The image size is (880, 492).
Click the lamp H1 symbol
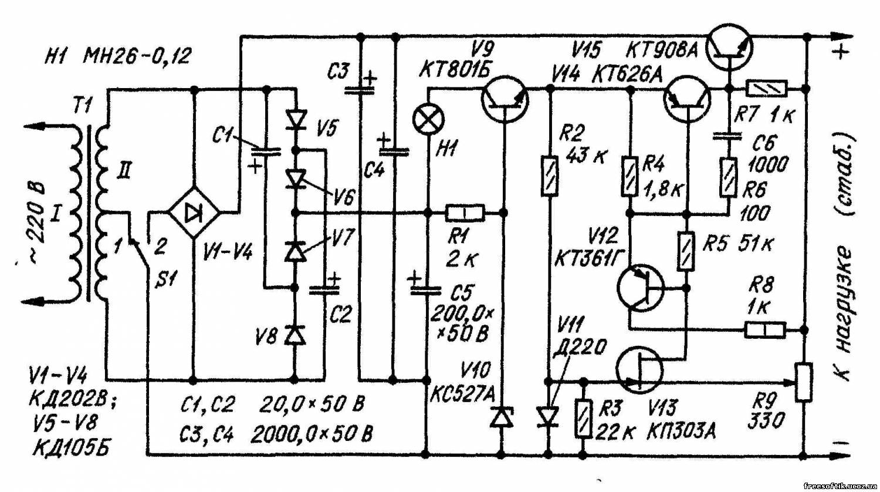tap(428, 120)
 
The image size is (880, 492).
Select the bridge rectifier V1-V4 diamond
tap(194, 213)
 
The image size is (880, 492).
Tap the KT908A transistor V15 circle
tap(729, 47)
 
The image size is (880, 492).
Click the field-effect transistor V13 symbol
tap(639, 370)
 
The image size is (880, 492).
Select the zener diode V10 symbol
tap(501, 417)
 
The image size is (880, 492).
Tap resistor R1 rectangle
tap(465, 213)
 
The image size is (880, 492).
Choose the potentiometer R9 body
tap(804, 382)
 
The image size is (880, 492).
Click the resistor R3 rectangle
tap(583, 419)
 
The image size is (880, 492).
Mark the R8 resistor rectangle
tap(766, 330)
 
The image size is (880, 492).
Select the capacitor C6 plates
tap(727, 136)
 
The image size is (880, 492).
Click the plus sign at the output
tap(840, 50)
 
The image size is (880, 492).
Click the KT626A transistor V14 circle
tap(687, 99)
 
